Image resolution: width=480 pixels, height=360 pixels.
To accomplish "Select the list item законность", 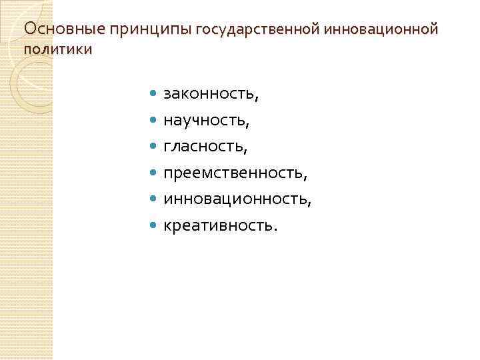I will (209, 95).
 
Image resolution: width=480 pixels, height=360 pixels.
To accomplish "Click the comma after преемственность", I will (305, 178).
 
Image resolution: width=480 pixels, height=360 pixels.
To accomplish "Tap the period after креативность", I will (273, 229).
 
